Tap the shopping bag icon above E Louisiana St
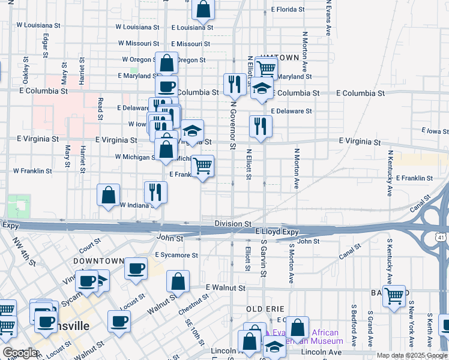pyautogui.click(x=203, y=9)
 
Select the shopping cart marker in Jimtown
pyautogui.click(x=266, y=67)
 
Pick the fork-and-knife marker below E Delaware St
pyautogui.click(x=261, y=126)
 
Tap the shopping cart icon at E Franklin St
pyautogui.click(x=203, y=166)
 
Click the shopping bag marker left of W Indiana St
pyautogui.click(x=109, y=194)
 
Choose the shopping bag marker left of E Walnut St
pyautogui.click(x=178, y=281)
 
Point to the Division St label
pyautogui.click(x=233, y=223)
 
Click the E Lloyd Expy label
pyautogui.click(x=277, y=231)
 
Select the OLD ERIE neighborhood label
pyautogui.click(x=265, y=308)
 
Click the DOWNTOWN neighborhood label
pyautogui.click(x=97, y=262)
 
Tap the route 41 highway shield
pyautogui.click(x=440, y=238)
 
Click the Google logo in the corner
pyautogui.click(x=20, y=353)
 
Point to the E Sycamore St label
pyautogui.click(x=176, y=255)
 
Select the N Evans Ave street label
pyautogui.click(x=328, y=18)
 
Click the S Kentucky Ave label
pyautogui.click(x=389, y=260)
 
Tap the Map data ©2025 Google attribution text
pyautogui.click(x=411, y=355)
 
